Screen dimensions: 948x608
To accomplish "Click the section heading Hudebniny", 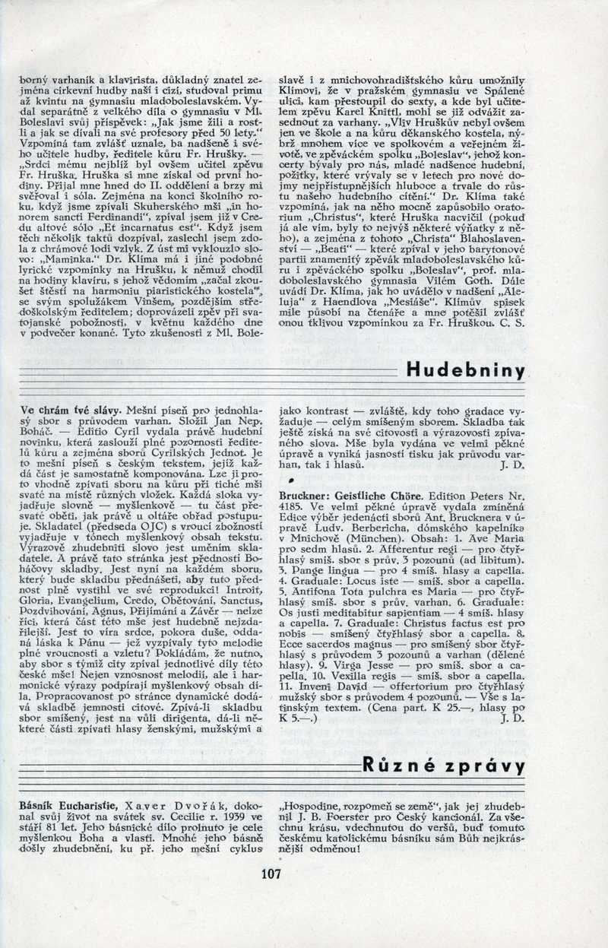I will click(465, 371).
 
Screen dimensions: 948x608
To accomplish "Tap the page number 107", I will click(271, 873).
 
